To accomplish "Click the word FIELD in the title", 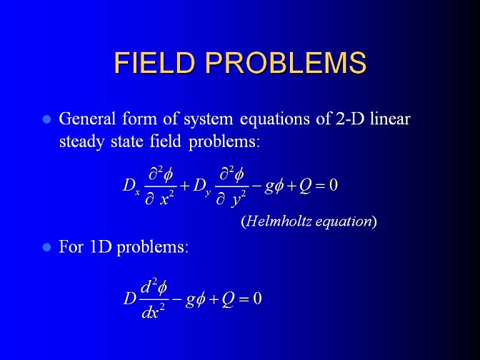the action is click(x=154, y=63).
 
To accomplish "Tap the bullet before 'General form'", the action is click(x=46, y=119).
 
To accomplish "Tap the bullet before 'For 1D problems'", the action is click(x=46, y=247).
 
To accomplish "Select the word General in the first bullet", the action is click(x=87, y=119).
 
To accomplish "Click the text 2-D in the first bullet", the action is click(x=350, y=119).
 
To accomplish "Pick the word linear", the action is click(x=390, y=119).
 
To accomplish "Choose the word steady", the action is click(x=81, y=142).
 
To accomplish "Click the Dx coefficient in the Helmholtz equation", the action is click(x=131, y=186).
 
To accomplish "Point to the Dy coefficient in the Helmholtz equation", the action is click(x=202, y=186).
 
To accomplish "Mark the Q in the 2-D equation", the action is click(x=304, y=186).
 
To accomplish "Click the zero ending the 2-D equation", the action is click(x=334, y=185).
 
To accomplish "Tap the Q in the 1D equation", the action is click(x=227, y=299).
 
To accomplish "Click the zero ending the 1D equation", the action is click(x=257, y=299).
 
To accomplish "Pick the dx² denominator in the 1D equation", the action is click(x=153, y=311).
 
